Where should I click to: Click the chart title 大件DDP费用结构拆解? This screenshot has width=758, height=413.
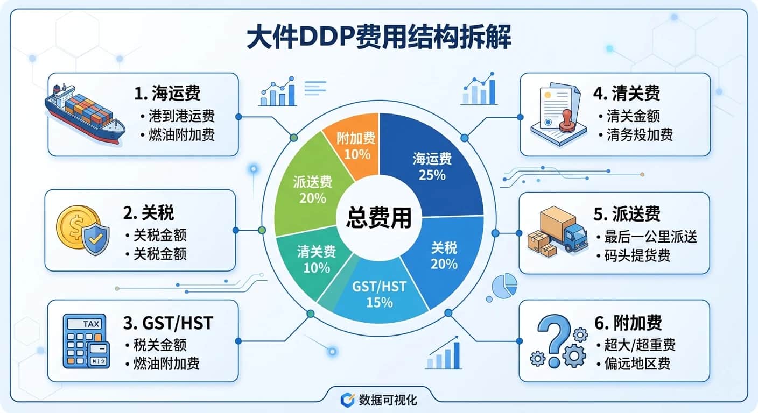point(379,39)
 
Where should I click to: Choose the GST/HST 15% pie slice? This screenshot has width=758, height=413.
point(379,294)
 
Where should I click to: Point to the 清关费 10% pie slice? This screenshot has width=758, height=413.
point(316,258)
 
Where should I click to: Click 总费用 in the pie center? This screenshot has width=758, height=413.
point(378,218)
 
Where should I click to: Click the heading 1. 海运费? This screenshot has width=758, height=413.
point(167,93)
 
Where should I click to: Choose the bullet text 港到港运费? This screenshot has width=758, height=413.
point(181,117)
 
